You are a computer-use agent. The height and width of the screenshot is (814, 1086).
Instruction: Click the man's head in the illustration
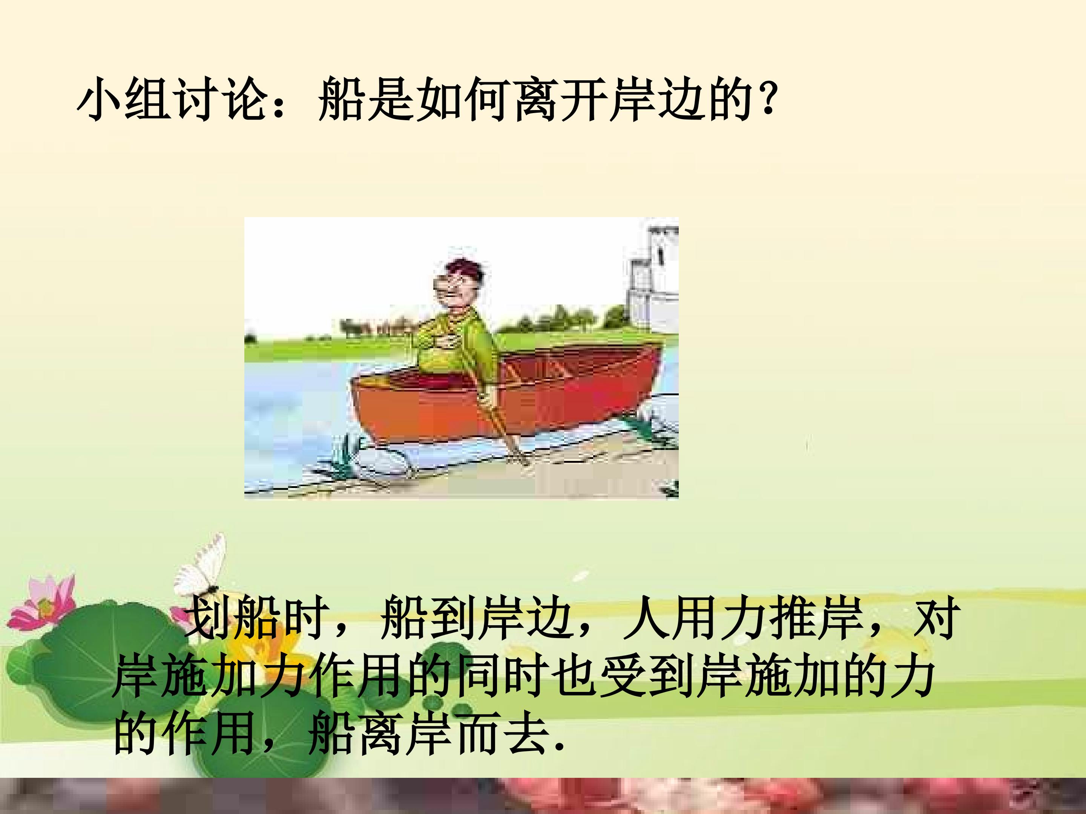(462, 285)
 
